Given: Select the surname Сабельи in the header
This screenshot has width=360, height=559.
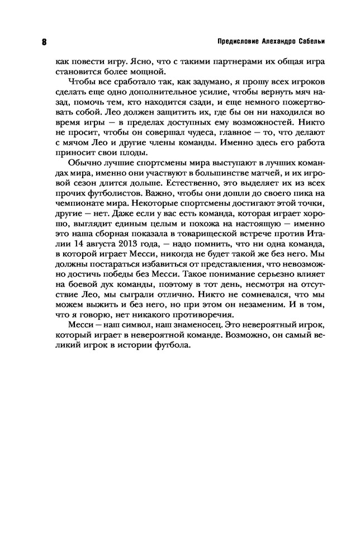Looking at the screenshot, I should pyautogui.click(x=310, y=42).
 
